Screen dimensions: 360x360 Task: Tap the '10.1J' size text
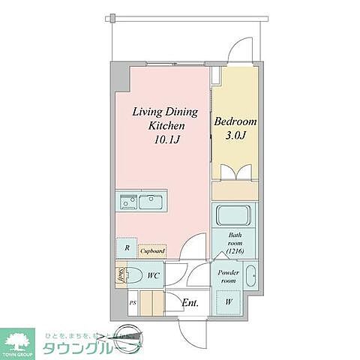(164, 139)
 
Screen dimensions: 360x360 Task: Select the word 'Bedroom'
(235, 121)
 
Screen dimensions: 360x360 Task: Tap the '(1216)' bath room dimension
(235, 253)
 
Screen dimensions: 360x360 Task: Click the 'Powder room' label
(229, 276)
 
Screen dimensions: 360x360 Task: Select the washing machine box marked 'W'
(228, 301)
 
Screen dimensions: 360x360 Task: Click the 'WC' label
(152, 276)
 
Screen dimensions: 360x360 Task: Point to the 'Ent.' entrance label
(190, 303)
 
